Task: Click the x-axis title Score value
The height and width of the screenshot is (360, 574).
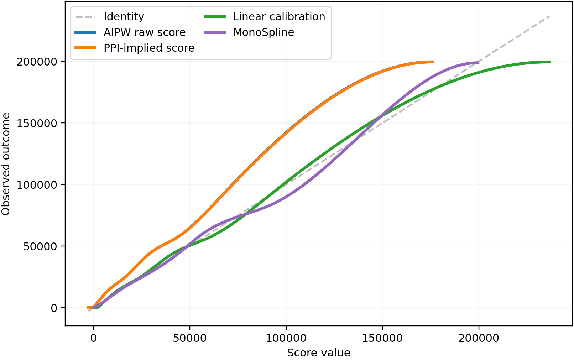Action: pos(318,353)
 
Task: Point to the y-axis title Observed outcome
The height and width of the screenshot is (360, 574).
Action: pos(6,164)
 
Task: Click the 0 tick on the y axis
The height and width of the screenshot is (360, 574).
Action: pos(54,308)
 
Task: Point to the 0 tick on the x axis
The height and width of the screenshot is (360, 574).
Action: pos(93,338)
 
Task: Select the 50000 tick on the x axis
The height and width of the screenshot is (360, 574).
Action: pos(189,338)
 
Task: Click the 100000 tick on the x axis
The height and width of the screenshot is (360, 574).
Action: pos(286,338)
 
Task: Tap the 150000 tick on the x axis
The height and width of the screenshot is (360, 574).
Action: pos(382,338)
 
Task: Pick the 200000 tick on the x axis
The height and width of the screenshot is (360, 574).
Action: pos(479,338)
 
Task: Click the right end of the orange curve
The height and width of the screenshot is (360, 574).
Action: pos(433,62)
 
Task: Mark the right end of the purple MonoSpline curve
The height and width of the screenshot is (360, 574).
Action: pos(478,63)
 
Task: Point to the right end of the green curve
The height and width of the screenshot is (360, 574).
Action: pos(550,62)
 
